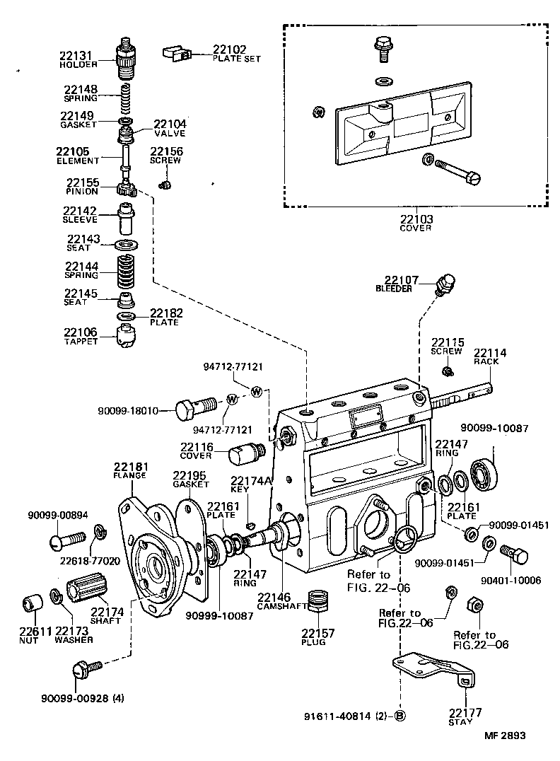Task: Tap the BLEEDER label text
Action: [x=393, y=289]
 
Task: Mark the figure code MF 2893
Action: [x=505, y=736]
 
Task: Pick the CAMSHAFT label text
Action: [x=280, y=607]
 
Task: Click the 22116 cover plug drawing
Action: [x=245, y=452]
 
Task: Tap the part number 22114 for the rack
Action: [x=490, y=352]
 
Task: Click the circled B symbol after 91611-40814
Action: [x=399, y=714]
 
